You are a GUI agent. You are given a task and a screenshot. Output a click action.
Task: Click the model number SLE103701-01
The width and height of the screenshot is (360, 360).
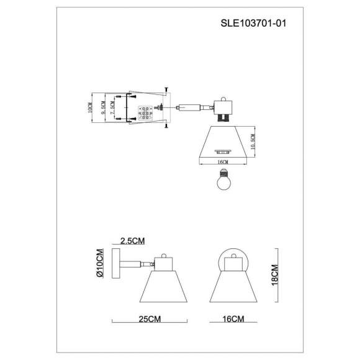click(254, 23)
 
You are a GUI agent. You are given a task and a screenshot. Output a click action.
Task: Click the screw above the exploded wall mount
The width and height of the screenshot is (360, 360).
click(167, 91)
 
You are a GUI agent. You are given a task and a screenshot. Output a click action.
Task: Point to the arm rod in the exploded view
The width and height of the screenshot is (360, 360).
click(193, 107)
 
